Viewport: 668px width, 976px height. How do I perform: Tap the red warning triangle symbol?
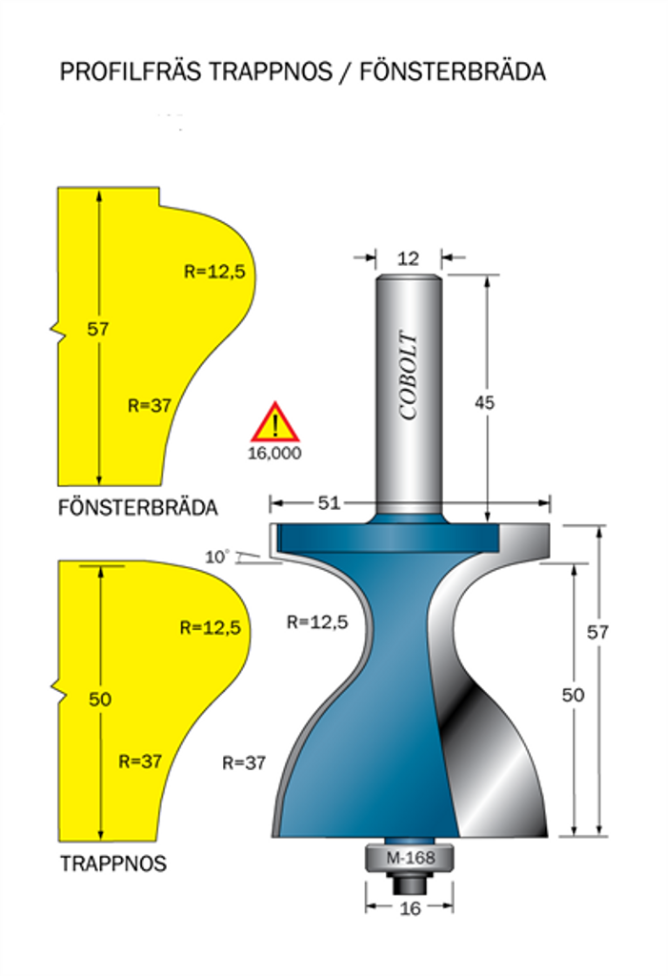pos(274,422)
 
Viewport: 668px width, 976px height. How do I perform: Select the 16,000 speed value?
pos(274,454)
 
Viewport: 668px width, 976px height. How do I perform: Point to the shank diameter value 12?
pos(408,258)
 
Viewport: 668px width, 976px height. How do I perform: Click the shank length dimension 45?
pos(485,402)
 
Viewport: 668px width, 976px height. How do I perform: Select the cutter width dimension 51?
pos(328,502)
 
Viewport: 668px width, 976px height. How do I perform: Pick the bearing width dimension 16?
pos(410,908)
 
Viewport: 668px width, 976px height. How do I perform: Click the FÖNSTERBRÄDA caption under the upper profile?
pos(138,508)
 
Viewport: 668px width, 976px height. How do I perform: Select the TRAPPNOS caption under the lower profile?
pos(113,864)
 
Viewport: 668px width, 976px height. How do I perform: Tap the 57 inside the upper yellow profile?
pos(98,330)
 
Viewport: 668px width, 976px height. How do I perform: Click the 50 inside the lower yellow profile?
pos(100,700)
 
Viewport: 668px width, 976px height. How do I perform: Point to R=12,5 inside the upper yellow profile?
pos(214,272)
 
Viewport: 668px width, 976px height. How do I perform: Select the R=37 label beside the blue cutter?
pos(243,762)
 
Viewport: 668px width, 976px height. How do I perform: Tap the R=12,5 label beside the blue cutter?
pos(317,622)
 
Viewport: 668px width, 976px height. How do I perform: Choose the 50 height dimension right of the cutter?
pos(572,696)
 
